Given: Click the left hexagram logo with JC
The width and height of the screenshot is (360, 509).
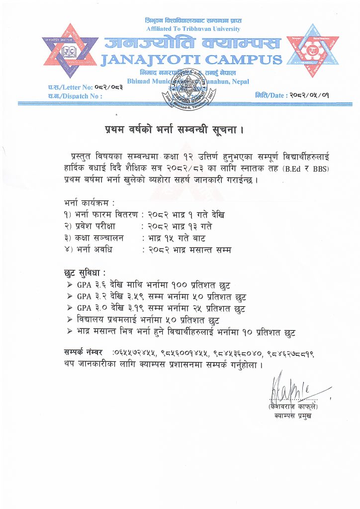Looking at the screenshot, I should click(70, 51).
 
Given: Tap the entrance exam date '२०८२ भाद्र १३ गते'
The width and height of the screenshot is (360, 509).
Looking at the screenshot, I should click(180, 226).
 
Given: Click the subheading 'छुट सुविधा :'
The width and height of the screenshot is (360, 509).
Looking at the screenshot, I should click(85, 273).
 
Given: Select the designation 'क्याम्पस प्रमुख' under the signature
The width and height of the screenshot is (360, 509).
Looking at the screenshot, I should click(293, 416).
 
